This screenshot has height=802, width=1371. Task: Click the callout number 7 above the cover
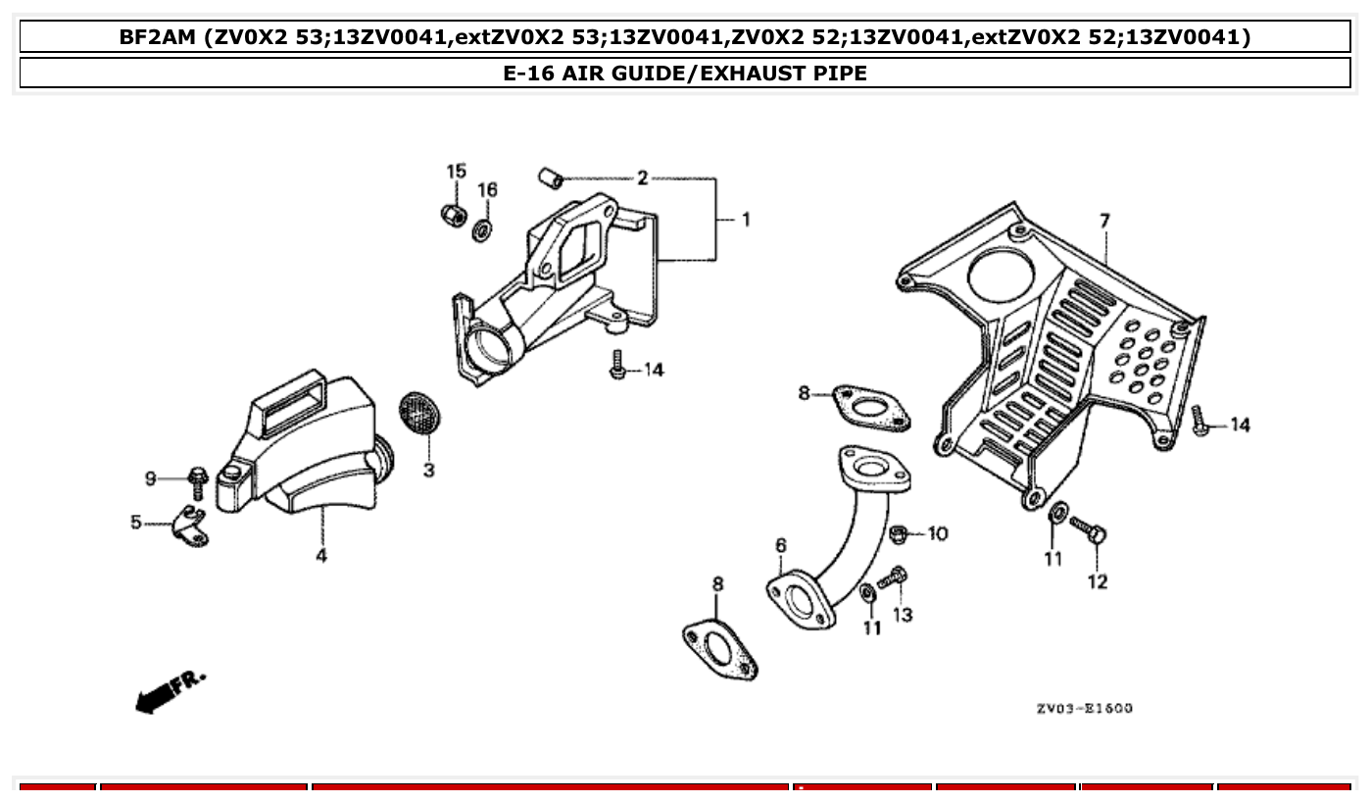coord(1104,222)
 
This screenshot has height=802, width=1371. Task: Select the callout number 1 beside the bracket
coord(745,220)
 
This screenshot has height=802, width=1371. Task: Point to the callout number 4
coord(321,556)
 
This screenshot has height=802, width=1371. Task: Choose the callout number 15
coord(457,172)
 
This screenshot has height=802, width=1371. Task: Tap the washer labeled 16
coord(483,231)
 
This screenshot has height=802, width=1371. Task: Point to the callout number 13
coord(903,615)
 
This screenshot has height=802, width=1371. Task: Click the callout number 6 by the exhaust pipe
coord(780,545)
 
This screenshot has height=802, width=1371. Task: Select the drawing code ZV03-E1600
coord(1084,708)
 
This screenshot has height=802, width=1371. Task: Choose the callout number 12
coord(1097,581)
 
